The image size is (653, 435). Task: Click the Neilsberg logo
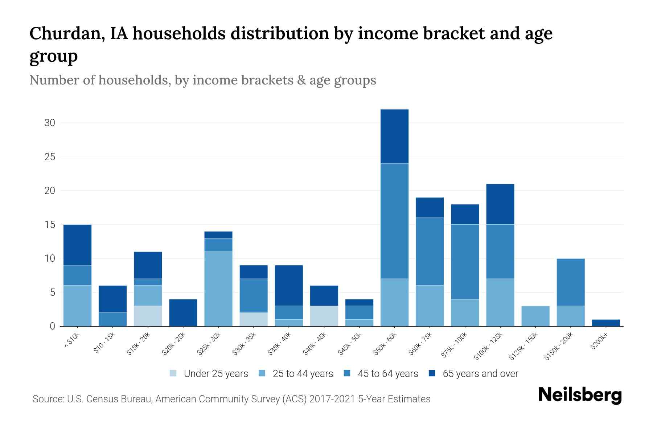coord(580,395)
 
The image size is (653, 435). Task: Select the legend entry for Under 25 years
coord(209,374)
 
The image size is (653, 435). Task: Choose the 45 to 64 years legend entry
coord(381,374)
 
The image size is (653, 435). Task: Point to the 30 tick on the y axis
coord(50,123)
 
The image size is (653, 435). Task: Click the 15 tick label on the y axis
coord(50,225)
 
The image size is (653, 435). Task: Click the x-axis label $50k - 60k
coord(386,344)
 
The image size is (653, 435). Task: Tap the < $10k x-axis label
coord(72,341)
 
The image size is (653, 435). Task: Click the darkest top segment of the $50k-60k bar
coord(394,136)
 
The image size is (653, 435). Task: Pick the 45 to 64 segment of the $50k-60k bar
coord(394,221)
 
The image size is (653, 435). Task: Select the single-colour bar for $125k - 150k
coord(535,316)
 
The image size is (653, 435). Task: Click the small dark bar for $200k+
coord(606,323)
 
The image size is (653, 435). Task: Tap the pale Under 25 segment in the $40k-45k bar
coord(324,316)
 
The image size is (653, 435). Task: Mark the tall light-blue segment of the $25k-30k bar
coord(218,289)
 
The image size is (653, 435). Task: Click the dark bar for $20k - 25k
coord(183,312)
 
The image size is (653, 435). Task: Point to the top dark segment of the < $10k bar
coord(77,245)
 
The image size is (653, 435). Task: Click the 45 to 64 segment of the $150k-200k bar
coord(571,282)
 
